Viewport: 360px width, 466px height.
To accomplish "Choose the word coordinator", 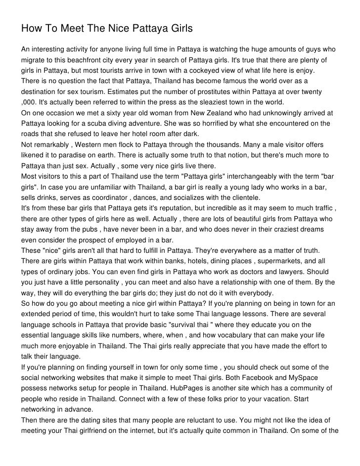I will [132, 198].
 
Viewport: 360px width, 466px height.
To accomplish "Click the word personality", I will [91, 282].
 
